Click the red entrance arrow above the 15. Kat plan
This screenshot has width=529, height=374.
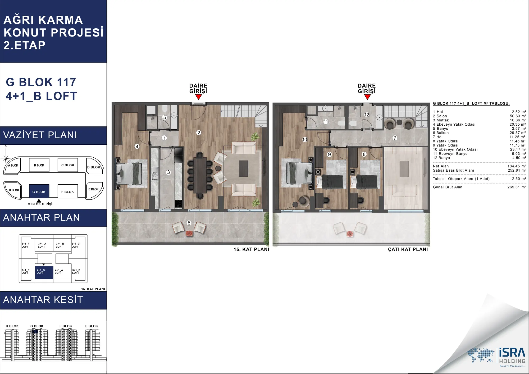click(x=198, y=97)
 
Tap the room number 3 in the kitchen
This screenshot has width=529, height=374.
click(x=168, y=172)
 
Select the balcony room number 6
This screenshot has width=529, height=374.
click(x=189, y=223)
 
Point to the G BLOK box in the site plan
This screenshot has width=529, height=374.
click(x=39, y=191)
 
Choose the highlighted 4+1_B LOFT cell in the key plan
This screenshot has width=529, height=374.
click(x=44, y=272)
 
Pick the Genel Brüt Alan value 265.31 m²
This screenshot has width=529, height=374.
click(x=517, y=187)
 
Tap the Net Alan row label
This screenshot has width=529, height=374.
click(x=441, y=166)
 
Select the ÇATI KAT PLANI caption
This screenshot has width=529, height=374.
click(x=408, y=249)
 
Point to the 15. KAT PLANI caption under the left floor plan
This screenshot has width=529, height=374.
click(x=251, y=249)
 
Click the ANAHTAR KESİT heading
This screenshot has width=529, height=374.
click(x=43, y=300)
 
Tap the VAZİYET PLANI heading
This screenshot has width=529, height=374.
click(x=40, y=135)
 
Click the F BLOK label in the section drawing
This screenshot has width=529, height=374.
click(x=66, y=326)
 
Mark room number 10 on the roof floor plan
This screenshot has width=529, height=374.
click(x=305, y=139)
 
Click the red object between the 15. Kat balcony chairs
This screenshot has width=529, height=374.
click(x=189, y=233)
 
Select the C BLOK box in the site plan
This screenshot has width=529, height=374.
click(x=68, y=165)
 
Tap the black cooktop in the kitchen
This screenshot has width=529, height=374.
click(x=179, y=203)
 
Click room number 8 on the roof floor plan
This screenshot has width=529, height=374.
click(x=364, y=154)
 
